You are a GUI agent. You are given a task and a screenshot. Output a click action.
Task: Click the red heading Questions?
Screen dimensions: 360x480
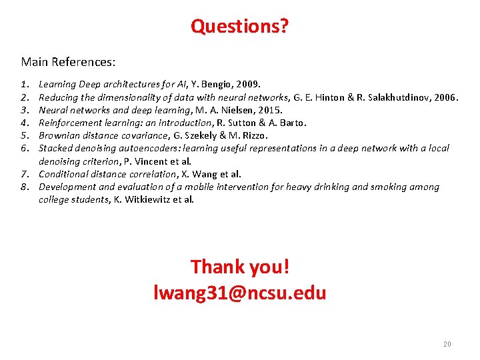pyautogui.click(x=240, y=26)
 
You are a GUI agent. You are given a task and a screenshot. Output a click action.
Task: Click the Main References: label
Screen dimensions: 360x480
pyautogui.click(x=68, y=62)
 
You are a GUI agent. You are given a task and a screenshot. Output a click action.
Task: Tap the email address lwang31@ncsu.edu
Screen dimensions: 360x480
pyautogui.click(x=240, y=293)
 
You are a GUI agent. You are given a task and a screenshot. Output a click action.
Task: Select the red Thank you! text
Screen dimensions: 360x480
pyautogui.click(x=240, y=267)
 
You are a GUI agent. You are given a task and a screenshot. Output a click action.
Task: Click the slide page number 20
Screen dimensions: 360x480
pyautogui.click(x=447, y=344)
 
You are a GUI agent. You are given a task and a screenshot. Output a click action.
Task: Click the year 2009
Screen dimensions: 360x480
pyautogui.click(x=248, y=85)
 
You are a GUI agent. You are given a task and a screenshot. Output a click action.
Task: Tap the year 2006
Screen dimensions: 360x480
pyautogui.click(x=446, y=97)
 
